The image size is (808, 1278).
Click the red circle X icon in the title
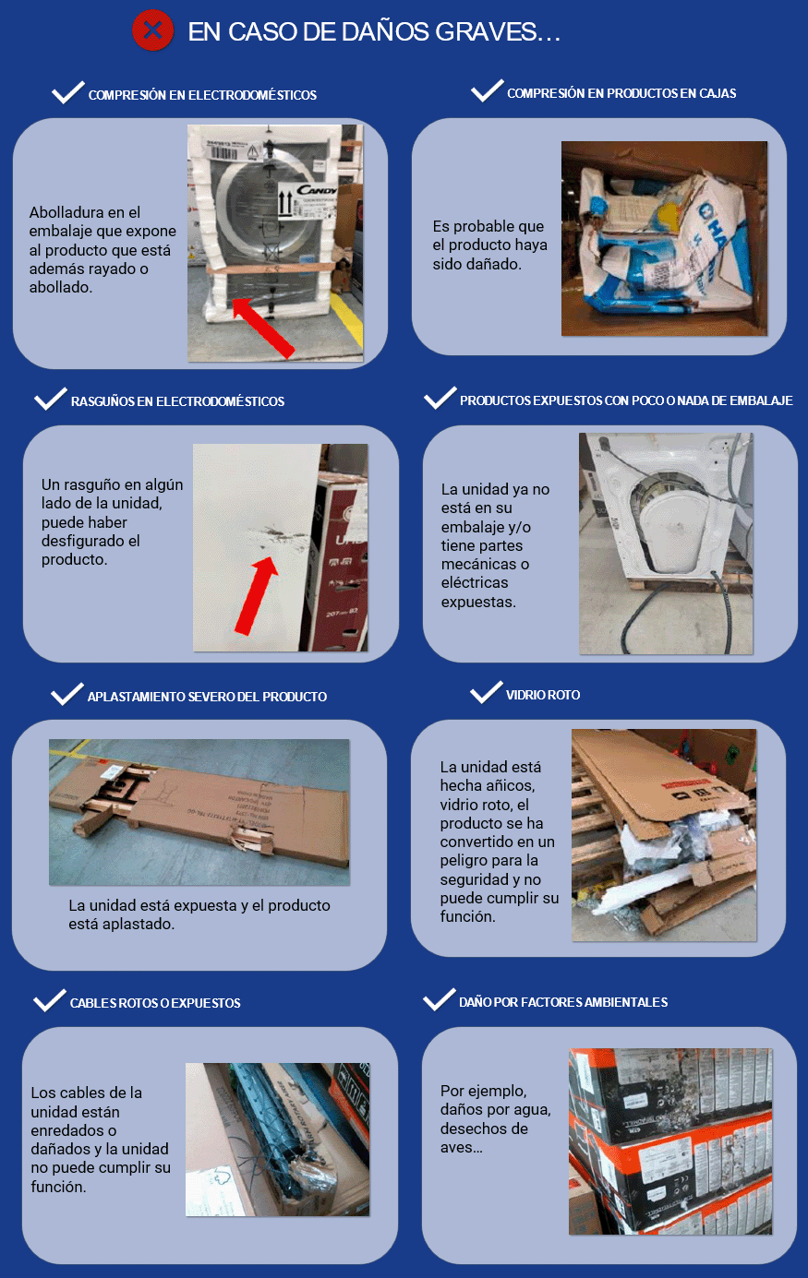pyautogui.click(x=152, y=30)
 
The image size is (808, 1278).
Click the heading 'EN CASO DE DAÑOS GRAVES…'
pyautogui.click(x=374, y=32)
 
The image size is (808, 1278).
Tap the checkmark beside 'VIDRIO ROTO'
pyautogui.click(x=487, y=693)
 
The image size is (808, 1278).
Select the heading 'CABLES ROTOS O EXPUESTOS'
pyautogui.click(x=155, y=1003)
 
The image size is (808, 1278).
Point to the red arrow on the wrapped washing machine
pyautogui.click(x=263, y=328)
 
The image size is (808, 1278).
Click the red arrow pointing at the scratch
pyautogui.click(x=257, y=595)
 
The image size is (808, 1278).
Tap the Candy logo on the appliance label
pyautogui.click(x=317, y=191)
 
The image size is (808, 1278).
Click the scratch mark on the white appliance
pyautogui.click(x=279, y=535)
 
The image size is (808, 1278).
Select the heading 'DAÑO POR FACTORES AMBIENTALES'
pyautogui.click(x=563, y=1002)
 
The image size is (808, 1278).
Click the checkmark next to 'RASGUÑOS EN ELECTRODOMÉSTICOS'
pyautogui.click(x=51, y=399)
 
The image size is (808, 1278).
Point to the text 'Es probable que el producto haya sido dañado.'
pyautogui.click(x=489, y=245)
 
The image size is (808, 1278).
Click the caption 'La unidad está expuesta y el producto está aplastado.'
pyautogui.click(x=199, y=914)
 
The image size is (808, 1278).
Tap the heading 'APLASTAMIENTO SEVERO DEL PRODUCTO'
pyautogui.click(x=207, y=697)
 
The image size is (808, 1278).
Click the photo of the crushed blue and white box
pyautogui.click(x=664, y=238)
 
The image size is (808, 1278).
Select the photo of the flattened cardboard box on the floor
pyautogui.click(x=199, y=812)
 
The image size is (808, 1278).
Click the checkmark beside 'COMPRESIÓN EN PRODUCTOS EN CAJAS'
pyautogui.click(x=487, y=91)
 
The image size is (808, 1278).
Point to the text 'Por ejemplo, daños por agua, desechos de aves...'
pyautogui.click(x=495, y=1118)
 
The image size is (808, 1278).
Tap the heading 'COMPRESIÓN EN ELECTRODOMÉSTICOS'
pyautogui.click(x=202, y=95)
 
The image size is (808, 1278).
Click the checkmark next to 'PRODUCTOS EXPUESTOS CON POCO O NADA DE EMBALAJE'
pyautogui.click(x=440, y=398)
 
